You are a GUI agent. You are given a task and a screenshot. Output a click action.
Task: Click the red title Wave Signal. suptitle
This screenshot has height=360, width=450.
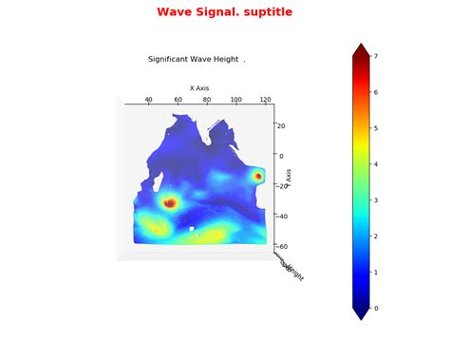[x=225, y=12]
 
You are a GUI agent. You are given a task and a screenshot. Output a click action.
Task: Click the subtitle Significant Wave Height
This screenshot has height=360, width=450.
[x=195, y=59]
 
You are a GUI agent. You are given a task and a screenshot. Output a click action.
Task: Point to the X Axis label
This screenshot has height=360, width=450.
[x=199, y=87]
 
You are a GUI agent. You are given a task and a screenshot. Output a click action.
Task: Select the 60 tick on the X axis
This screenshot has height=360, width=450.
[x=178, y=99]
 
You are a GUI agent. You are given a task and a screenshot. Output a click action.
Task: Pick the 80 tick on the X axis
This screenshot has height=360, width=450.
[x=207, y=99]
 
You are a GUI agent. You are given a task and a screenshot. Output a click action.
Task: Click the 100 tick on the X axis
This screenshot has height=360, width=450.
[x=235, y=99]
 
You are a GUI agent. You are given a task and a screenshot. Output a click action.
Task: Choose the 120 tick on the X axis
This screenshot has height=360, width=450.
[x=265, y=99]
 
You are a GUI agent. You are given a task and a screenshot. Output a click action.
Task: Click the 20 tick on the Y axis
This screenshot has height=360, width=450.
[x=281, y=125]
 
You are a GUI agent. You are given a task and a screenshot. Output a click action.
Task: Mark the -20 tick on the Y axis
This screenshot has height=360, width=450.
[x=282, y=185]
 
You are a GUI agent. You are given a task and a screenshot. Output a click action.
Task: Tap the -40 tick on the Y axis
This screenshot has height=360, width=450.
[x=282, y=216]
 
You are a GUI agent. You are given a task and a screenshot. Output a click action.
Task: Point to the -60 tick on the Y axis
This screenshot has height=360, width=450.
[x=282, y=246]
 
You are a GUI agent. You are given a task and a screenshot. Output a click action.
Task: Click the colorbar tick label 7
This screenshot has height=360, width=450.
[x=377, y=57]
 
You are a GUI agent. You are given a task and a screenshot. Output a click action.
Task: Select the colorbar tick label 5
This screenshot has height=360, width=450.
[x=377, y=128]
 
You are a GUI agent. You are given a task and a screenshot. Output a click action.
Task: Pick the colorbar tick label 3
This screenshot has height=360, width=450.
[x=377, y=200]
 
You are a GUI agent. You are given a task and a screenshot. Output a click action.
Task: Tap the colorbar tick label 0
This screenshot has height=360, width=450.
[x=377, y=308]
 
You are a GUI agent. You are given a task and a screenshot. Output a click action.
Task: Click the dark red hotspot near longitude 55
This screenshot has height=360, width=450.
[x=169, y=202]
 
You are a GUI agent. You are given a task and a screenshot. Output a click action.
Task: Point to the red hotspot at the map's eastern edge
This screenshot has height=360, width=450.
[x=258, y=176]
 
